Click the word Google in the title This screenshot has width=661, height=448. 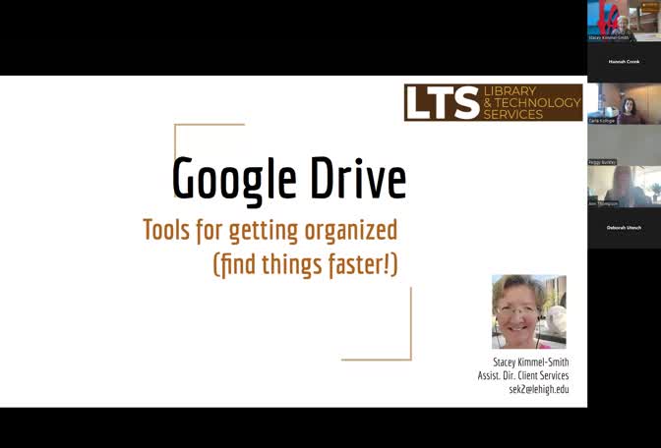point(233,179)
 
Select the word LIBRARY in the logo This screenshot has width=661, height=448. point(510,91)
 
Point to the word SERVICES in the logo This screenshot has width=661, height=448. point(512,114)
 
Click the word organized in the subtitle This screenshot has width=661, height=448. point(350,231)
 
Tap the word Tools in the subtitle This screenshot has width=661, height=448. point(166,231)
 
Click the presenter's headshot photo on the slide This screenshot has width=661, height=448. point(528,311)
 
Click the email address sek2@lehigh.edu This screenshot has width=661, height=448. point(538,389)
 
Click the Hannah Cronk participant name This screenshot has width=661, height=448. point(624,61)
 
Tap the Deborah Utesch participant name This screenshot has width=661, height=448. point(624,227)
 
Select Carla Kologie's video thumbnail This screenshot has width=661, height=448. point(624,103)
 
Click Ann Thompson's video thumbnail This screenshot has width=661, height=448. point(624,186)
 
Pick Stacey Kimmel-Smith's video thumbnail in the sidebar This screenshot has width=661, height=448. point(624,20)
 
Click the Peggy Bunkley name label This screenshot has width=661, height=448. point(602,161)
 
